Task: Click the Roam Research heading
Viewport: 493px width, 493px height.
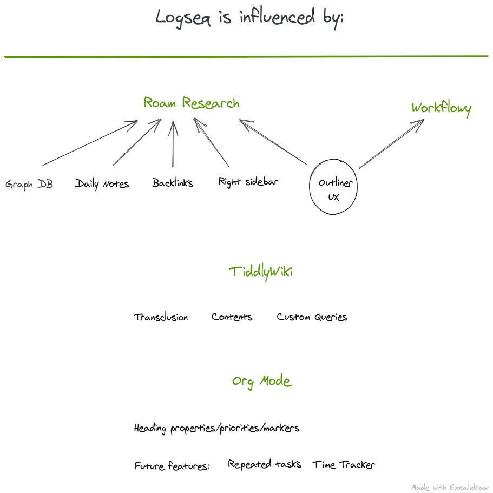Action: point(192,103)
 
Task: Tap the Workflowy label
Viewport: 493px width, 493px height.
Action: point(442,108)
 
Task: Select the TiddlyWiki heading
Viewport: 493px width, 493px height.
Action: point(261,273)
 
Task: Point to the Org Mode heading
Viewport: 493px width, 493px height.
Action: point(262,382)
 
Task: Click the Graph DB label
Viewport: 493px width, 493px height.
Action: point(29,184)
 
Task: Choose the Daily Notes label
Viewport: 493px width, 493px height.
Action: point(102,183)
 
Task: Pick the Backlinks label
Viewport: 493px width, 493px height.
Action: point(172,183)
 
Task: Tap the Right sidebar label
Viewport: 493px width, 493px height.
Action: point(248,182)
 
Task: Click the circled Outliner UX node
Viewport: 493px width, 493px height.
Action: point(333,187)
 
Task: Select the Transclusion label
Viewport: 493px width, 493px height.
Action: point(161,317)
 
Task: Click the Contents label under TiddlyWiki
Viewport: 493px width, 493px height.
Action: point(232,317)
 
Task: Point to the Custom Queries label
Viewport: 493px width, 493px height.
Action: point(312,317)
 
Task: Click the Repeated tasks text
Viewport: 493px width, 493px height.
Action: point(265,464)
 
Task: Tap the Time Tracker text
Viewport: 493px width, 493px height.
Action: point(344,464)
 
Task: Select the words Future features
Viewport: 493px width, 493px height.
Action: point(172,465)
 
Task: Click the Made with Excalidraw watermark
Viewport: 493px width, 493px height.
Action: point(450,488)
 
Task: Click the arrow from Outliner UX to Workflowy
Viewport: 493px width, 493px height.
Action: point(392,144)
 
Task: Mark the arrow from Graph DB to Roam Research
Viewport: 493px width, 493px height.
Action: point(90,142)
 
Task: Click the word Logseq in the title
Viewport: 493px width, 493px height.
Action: point(183,18)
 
